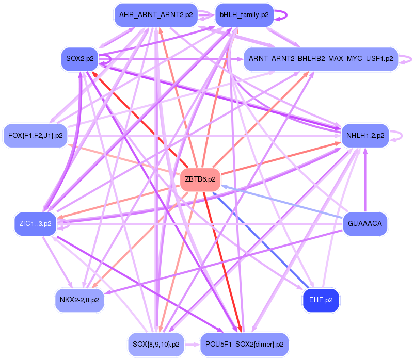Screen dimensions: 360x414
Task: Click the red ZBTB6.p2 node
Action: tap(200, 180)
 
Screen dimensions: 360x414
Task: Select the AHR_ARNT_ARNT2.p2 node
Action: tap(155, 15)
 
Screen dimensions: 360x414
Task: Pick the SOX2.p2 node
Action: tap(79, 59)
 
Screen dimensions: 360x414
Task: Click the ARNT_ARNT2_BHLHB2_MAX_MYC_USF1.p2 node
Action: tap(321, 59)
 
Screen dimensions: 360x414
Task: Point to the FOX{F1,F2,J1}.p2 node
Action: tap(35, 136)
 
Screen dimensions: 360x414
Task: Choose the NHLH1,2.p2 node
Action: tap(365, 136)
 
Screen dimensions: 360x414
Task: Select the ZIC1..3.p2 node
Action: tap(35, 224)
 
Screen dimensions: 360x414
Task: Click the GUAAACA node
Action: tap(365, 223)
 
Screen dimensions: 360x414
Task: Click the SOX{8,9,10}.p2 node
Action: tap(155, 344)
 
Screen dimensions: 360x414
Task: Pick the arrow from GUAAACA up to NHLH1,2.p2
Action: tap(365, 181)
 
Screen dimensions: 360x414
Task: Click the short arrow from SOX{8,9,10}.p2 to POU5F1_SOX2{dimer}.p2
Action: tap(192, 344)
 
